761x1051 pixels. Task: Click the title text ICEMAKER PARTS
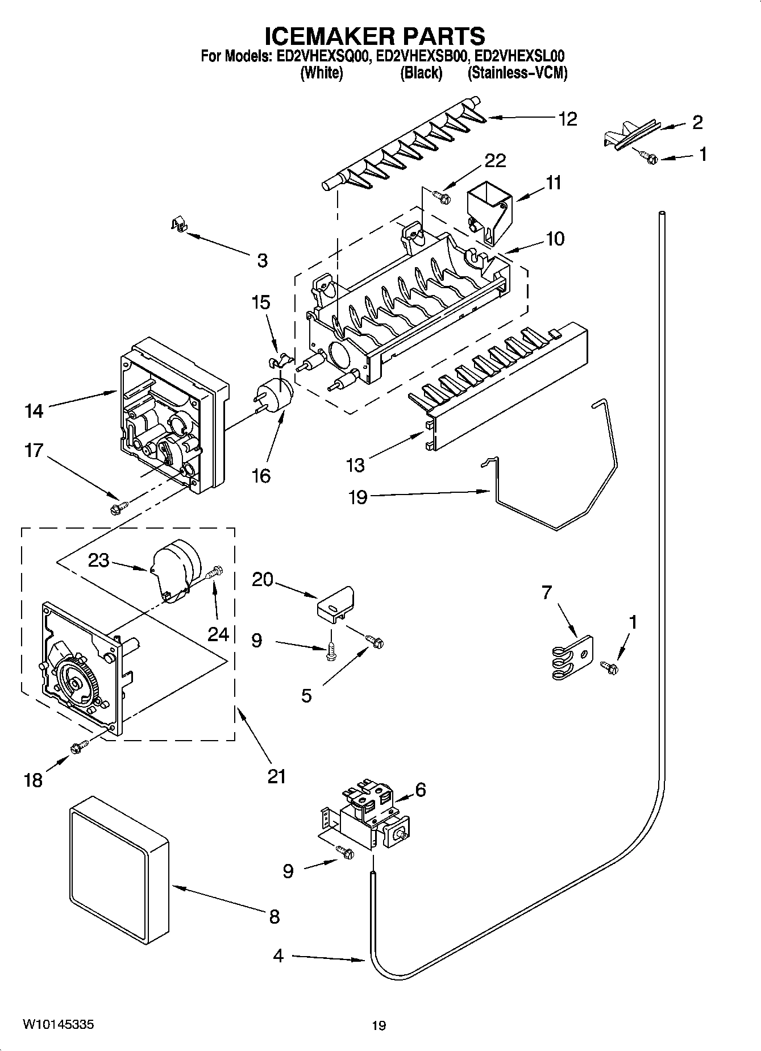point(375,35)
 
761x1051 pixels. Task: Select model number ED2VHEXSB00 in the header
point(422,56)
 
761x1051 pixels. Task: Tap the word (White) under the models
point(321,73)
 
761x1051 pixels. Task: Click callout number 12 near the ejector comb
point(567,119)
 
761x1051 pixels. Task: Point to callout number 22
point(494,161)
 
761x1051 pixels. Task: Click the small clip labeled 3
point(179,226)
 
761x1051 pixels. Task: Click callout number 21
point(276,776)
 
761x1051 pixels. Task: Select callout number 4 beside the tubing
point(277,956)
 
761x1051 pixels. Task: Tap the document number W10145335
point(59,1024)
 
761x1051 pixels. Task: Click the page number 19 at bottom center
point(379,1025)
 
